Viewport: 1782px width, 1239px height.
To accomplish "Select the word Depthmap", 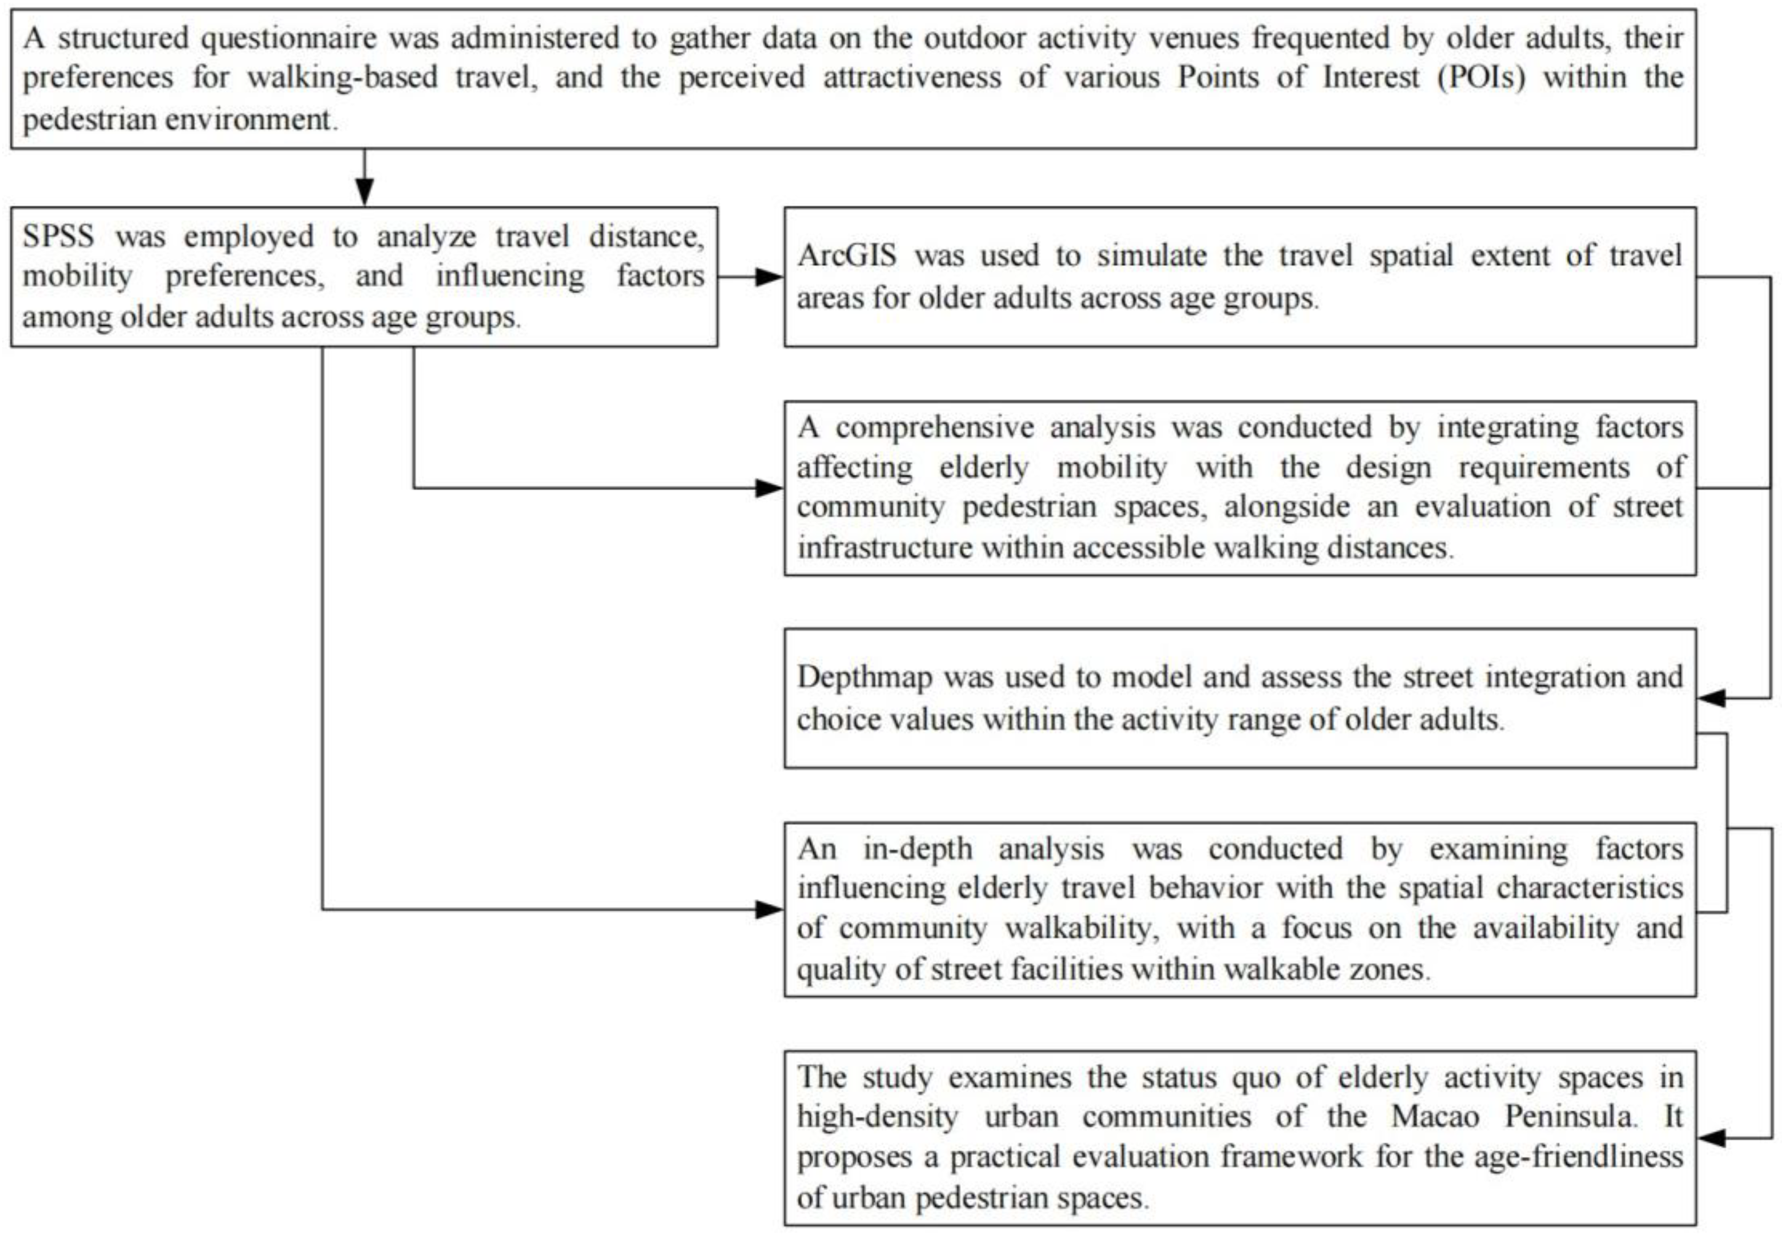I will point(864,677).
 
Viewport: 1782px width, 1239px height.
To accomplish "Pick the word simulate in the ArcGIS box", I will point(1152,256).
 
